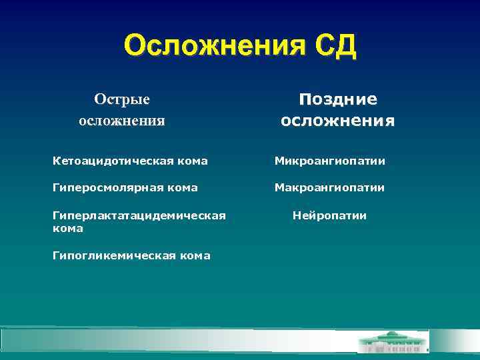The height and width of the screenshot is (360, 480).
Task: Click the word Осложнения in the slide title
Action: click(206, 47)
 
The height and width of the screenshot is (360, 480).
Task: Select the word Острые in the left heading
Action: click(122, 99)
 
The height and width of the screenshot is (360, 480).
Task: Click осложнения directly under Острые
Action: click(122, 121)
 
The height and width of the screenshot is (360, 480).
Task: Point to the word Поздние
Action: click(338, 99)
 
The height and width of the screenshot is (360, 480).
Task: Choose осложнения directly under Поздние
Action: click(338, 121)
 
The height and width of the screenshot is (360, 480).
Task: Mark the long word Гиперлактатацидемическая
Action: click(139, 215)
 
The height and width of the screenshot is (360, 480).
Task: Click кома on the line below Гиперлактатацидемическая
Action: click(68, 229)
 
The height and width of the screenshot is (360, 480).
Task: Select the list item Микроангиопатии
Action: click(330, 161)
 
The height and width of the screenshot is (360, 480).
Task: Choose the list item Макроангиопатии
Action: click(330, 188)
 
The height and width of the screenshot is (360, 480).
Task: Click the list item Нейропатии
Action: click(330, 215)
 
